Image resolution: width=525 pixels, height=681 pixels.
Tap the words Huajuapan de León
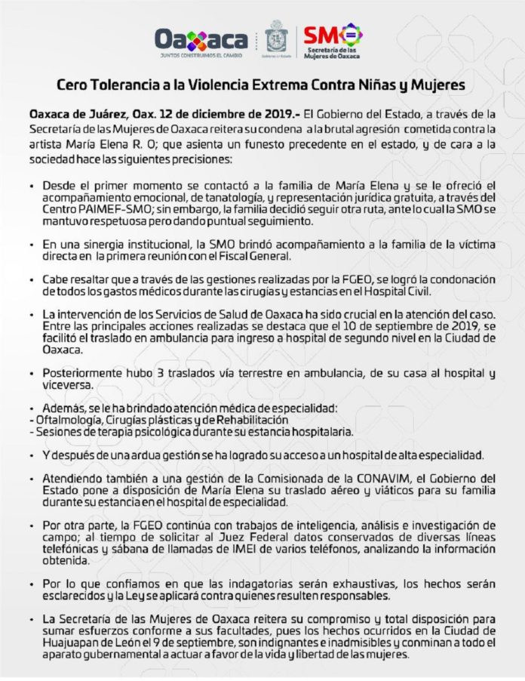click(x=82, y=643)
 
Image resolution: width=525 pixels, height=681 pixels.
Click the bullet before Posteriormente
click(x=30, y=373)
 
